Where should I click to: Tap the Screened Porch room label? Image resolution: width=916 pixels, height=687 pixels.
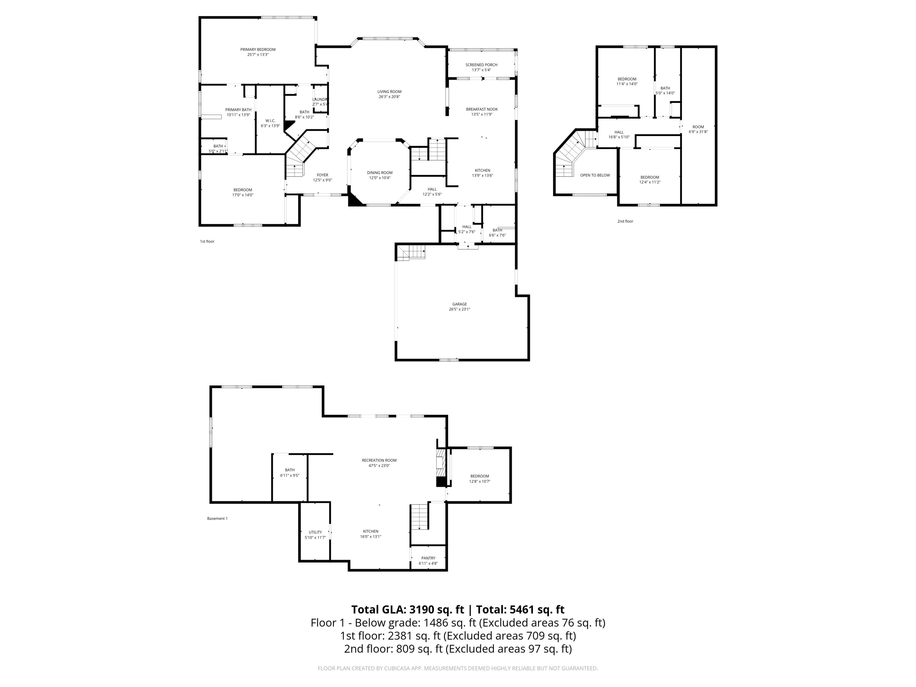point(481,65)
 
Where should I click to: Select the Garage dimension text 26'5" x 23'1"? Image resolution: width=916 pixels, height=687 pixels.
point(460,309)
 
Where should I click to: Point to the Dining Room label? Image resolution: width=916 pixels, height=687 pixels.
point(380,173)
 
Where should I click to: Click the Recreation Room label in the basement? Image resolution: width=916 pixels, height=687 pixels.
point(379,460)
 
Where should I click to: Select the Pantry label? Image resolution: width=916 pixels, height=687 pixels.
point(428,558)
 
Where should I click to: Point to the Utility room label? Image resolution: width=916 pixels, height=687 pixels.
point(315,532)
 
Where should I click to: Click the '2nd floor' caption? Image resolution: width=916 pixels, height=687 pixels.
point(625,221)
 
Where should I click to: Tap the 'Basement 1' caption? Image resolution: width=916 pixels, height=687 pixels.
point(217,519)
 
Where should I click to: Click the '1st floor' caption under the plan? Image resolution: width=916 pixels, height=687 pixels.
point(207,242)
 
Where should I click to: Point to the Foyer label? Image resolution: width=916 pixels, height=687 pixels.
point(322,175)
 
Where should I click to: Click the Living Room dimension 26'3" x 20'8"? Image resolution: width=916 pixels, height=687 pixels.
point(389,97)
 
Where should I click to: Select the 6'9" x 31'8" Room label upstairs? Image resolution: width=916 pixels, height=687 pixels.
point(698,129)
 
